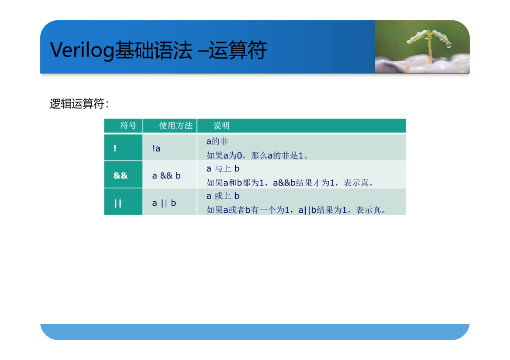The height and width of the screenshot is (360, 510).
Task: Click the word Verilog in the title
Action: click(82, 50)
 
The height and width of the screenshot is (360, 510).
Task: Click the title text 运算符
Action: click(238, 50)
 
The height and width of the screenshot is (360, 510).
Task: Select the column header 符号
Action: click(128, 126)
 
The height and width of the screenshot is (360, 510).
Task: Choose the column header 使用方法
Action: click(176, 126)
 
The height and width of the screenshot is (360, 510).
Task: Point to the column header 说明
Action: click(221, 126)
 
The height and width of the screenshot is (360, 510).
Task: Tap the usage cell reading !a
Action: click(156, 149)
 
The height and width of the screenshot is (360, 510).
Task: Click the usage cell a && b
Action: click(166, 176)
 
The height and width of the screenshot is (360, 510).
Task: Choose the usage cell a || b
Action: click(164, 203)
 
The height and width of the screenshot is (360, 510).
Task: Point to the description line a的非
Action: click(217, 142)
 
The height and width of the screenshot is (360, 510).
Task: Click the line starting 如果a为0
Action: click(257, 156)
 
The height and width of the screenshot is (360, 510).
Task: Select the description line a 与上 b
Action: click(223, 168)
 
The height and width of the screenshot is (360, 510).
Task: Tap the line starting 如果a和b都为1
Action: click(290, 183)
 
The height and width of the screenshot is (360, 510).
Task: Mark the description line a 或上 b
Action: click(223, 196)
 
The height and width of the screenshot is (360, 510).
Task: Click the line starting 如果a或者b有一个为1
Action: click(296, 210)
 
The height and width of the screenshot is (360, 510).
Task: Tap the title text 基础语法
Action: click(153, 50)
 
